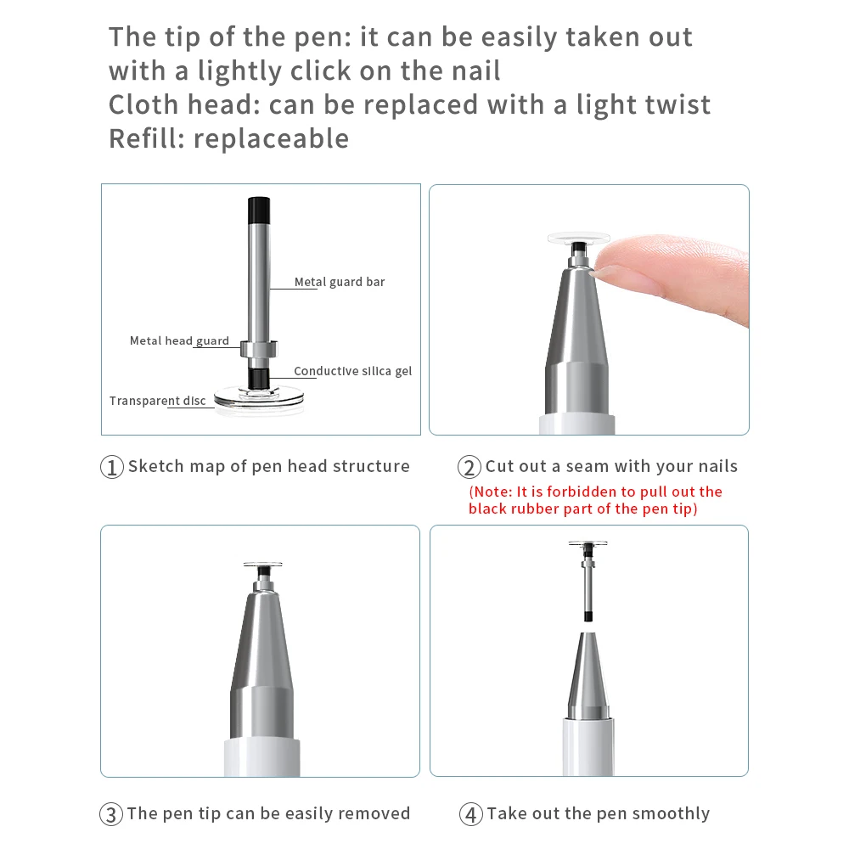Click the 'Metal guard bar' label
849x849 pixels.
[x=340, y=282]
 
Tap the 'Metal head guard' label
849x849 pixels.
[x=179, y=340]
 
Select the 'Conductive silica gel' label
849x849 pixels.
[x=352, y=371]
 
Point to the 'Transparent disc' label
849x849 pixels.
[x=158, y=401]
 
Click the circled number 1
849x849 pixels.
[x=112, y=467]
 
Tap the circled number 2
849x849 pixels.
[x=469, y=467]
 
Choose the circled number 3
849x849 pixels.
[x=111, y=814]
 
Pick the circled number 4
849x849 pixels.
[x=471, y=814]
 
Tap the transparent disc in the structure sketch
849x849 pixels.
[x=259, y=400]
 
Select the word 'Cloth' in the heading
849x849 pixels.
[x=143, y=104]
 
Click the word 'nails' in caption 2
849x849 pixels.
[x=718, y=466]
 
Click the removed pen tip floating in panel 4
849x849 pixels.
[x=588, y=581]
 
